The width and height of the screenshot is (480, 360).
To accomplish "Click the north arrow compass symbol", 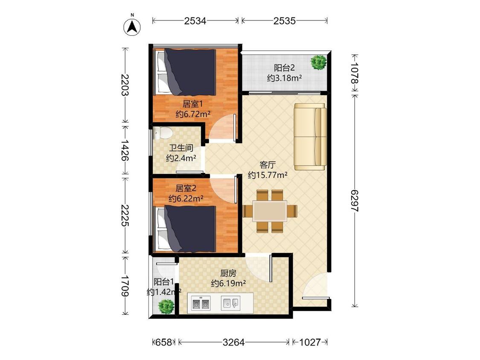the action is [x=132, y=26].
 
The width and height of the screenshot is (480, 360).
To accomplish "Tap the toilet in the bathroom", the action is [x=162, y=133].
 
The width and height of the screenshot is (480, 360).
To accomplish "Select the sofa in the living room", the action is [x=310, y=136].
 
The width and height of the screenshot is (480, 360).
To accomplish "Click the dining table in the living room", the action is [x=270, y=211].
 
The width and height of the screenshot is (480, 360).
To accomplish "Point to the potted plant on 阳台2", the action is [x=319, y=62].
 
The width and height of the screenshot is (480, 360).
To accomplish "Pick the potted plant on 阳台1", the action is [x=166, y=306].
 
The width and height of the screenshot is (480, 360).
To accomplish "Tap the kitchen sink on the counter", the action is [x=230, y=303].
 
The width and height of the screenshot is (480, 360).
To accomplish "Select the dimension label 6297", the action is [x=354, y=200].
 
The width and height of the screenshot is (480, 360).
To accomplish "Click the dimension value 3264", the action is [x=233, y=342].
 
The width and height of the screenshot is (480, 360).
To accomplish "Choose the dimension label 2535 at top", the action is [x=285, y=21].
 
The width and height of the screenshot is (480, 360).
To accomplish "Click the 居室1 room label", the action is [x=192, y=104].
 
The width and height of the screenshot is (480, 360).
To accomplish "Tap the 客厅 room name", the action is [x=267, y=165].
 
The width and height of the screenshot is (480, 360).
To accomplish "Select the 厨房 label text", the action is [x=228, y=273].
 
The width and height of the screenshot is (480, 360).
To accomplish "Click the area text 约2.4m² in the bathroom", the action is [x=181, y=158].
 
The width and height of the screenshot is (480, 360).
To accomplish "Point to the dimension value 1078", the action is [x=354, y=73].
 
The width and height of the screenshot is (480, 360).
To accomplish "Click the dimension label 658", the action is [x=163, y=342].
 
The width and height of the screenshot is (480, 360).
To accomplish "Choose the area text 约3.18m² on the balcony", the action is [x=285, y=78].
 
